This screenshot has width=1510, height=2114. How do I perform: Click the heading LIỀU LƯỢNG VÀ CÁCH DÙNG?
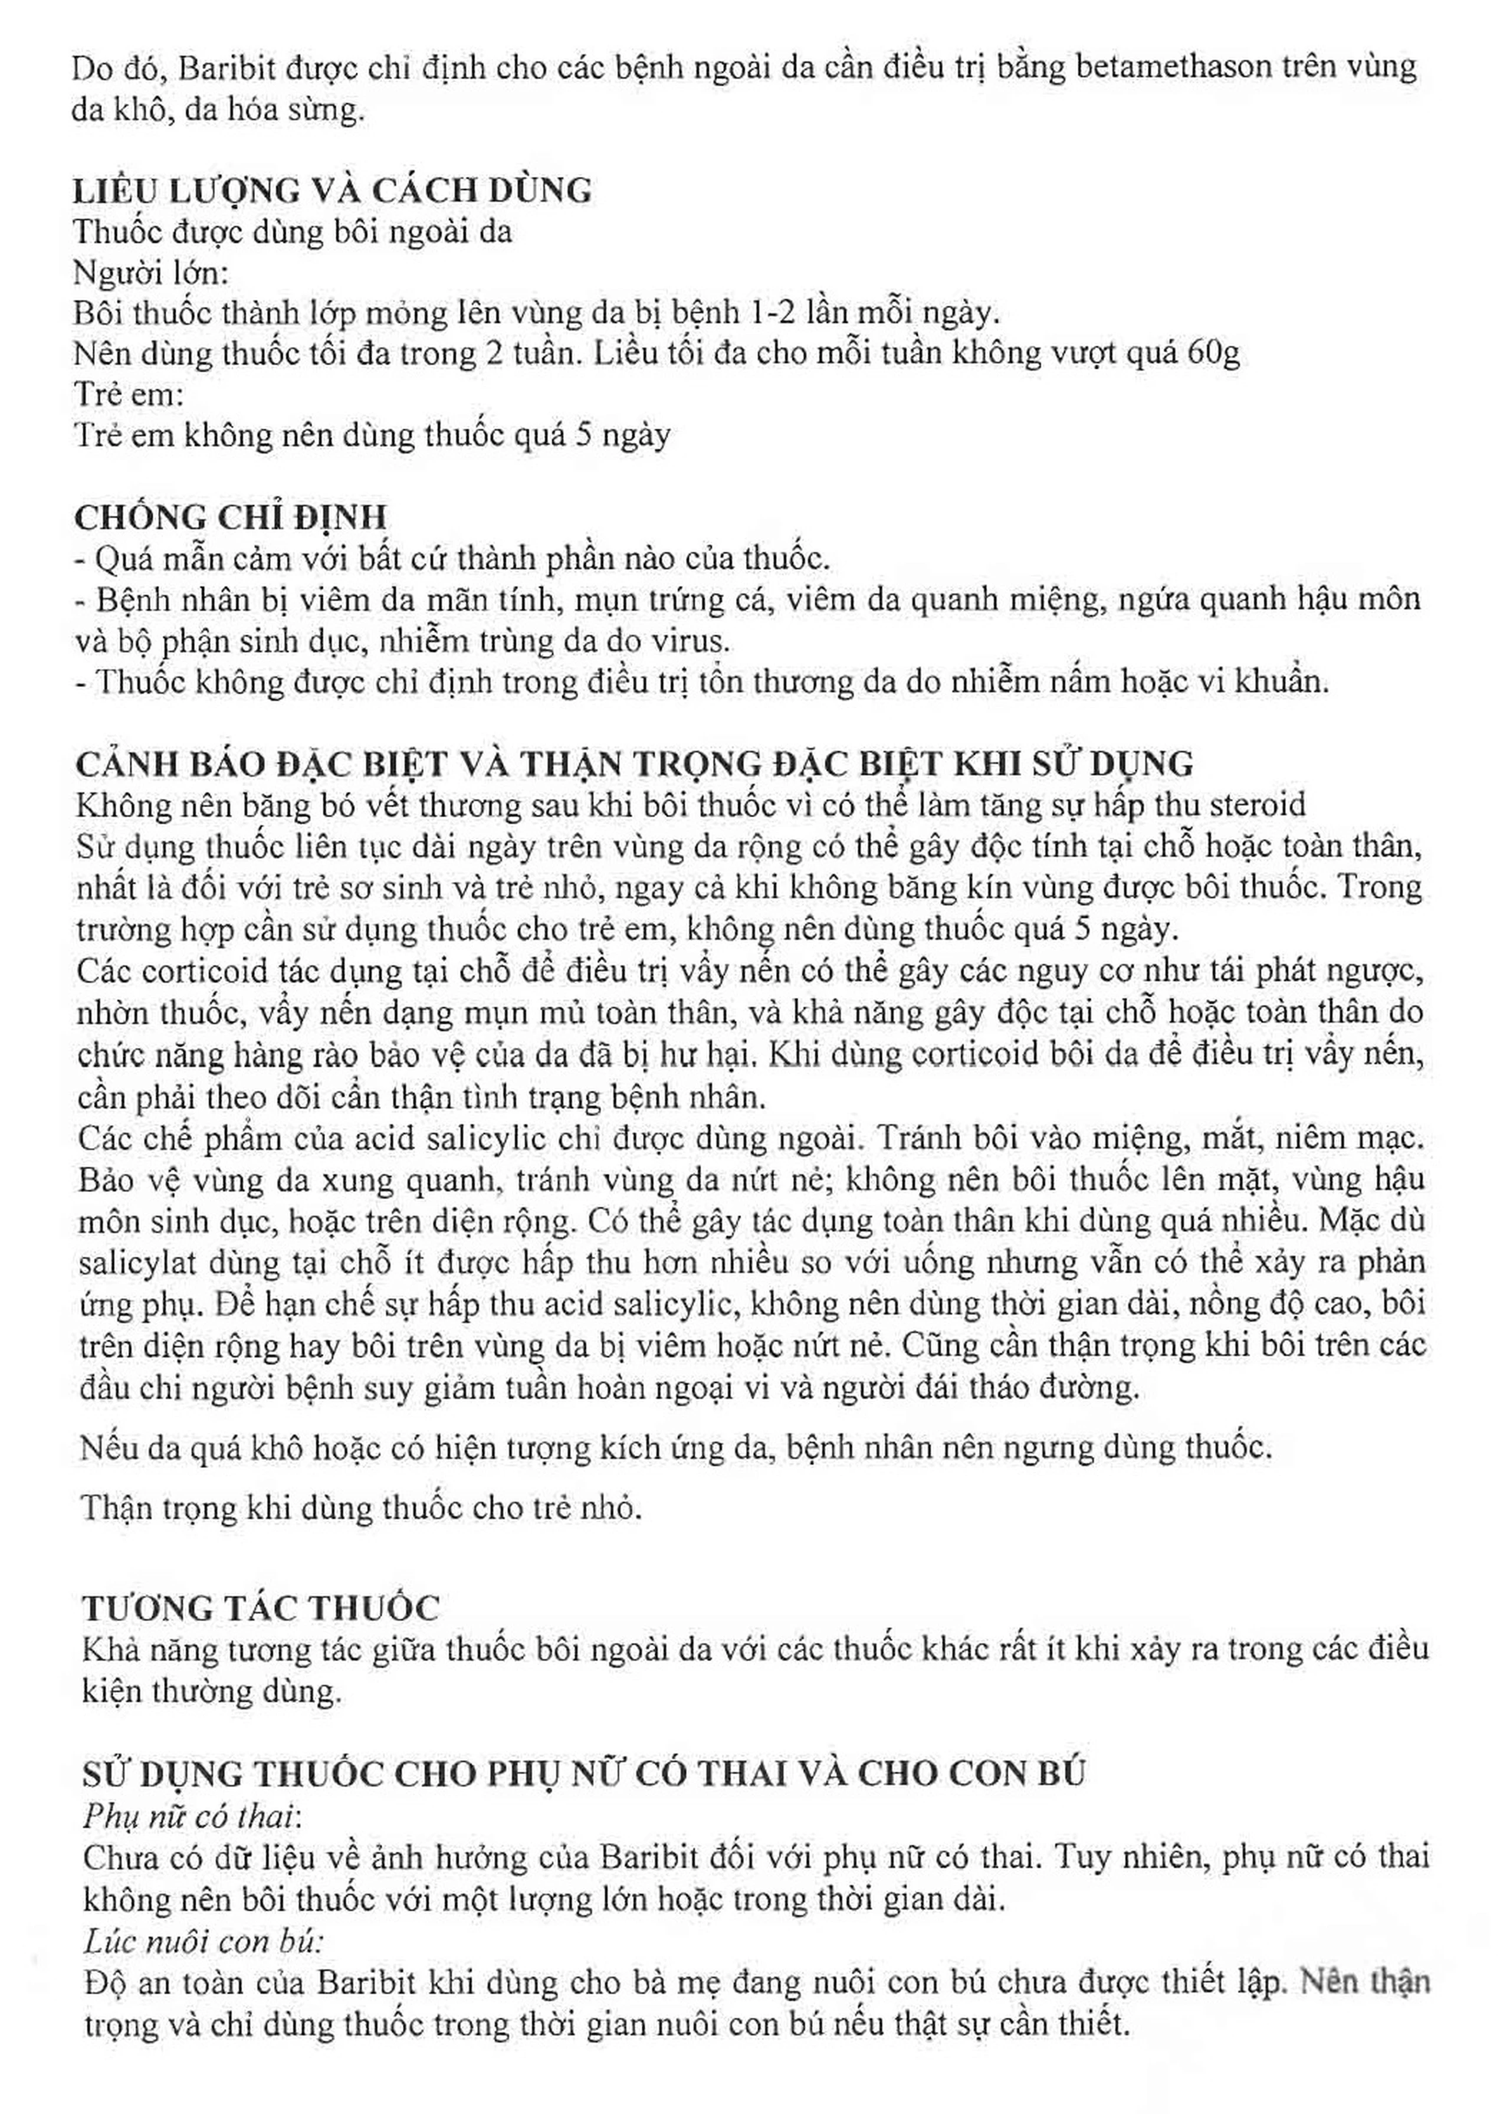click(x=333, y=190)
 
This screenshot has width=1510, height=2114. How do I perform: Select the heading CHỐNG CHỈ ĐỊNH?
click(x=231, y=517)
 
